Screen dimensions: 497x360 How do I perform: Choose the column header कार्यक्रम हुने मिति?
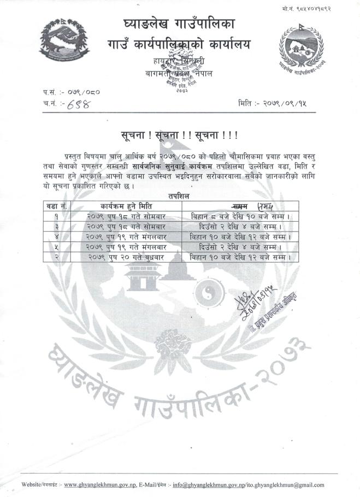point(127,205)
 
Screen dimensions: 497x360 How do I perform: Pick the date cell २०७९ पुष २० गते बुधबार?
point(127,256)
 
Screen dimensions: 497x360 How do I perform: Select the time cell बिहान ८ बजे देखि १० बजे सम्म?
point(240,216)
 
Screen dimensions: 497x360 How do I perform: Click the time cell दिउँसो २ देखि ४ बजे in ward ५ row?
point(240,246)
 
